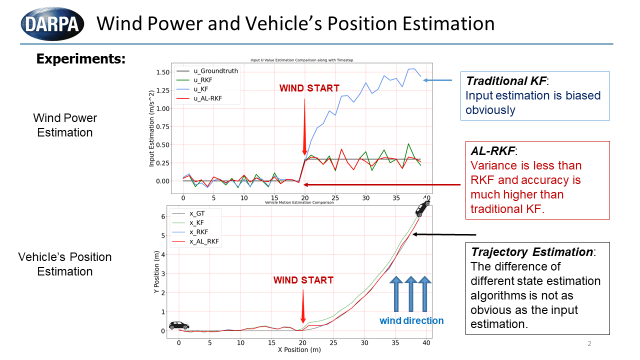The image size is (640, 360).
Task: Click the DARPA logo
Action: [51, 23]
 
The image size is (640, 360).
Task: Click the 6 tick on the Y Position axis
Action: [162, 216]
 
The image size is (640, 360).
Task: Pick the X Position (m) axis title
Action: [299, 349]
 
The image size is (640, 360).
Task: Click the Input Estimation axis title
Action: [152, 128]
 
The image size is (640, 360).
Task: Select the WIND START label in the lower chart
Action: [303, 280]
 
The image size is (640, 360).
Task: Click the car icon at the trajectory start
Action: [178, 325]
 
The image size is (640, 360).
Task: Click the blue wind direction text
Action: [411, 320]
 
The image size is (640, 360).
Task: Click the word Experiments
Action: [80, 58]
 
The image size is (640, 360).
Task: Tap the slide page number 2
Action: [589, 343]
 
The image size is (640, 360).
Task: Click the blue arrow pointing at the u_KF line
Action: [438, 79]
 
